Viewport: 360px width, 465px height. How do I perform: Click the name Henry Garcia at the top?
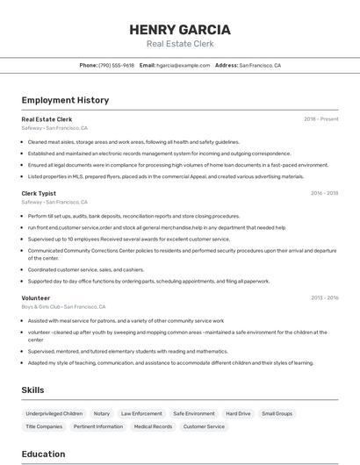point(179,30)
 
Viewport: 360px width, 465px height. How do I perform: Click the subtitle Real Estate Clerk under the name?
point(179,44)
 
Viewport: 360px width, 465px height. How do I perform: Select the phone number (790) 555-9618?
point(116,65)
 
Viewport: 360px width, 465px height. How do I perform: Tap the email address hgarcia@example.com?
point(184,65)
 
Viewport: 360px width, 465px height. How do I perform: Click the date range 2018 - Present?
point(321,119)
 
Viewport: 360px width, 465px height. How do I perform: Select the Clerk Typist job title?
point(39,193)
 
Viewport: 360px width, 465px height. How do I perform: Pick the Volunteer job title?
point(36,298)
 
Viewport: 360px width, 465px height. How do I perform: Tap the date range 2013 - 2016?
point(325,298)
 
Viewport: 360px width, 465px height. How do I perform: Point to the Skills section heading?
point(33,390)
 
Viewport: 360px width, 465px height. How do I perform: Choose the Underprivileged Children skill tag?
point(54,413)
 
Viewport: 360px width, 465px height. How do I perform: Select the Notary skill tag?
point(102,413)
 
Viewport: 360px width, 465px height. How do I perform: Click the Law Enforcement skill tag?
point(141,413)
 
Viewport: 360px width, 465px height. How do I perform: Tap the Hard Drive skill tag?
point(238,413)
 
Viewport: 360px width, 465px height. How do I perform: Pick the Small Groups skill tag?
point(277,413)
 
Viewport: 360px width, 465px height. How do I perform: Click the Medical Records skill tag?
point(153,426)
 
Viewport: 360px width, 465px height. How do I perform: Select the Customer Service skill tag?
point(203,426)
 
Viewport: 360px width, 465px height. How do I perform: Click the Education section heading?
point(44,454)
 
